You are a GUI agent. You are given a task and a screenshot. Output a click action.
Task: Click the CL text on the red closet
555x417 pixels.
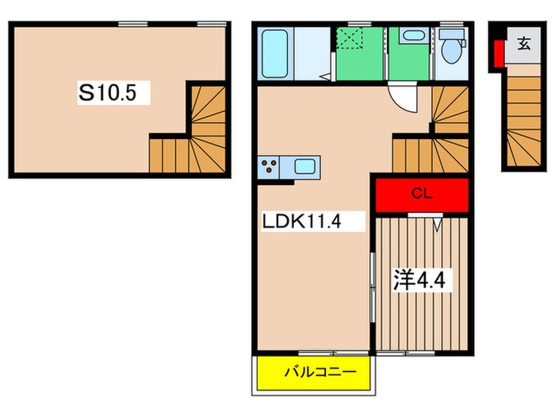[x=421, y=193]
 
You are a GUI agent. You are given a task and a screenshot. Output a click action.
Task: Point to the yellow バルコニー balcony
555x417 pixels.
[x=316, y=372]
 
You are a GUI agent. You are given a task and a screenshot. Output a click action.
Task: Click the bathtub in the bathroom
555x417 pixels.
[x=275, y=52]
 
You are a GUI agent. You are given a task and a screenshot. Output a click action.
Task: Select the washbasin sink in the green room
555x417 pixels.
[x=411, y=37]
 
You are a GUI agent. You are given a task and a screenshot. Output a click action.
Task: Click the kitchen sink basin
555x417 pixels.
[x=305, y=168]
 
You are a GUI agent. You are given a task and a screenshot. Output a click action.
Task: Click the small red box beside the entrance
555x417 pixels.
[x=499, y=54]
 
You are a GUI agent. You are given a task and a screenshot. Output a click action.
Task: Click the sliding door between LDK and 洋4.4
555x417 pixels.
[x=372, y=286]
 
